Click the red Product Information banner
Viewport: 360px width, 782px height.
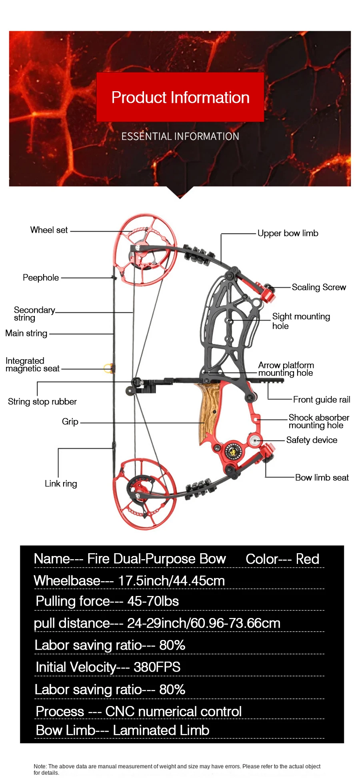click(x=180, y=97)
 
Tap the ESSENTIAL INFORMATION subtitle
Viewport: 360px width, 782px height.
click(x=180, y=136)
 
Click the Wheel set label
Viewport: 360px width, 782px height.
click(x=49, y=230)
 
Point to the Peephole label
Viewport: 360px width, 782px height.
click(x=40, y=278)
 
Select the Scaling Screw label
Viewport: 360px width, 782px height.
click(x=319, y=287)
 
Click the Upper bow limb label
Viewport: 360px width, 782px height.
click(x=288, y=233)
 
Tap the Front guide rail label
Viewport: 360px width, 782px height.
click(x=321, y=400)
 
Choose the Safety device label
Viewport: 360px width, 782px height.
click(x=312, y=440)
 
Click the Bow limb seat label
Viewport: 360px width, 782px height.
click(x=322, y=478)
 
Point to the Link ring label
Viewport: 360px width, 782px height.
click(x=61, y=484)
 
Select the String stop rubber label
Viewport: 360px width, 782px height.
click(x=42, y=402)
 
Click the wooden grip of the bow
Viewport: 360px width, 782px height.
click(x=208, y=412)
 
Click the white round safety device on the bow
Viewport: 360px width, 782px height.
click(x=254, y=440)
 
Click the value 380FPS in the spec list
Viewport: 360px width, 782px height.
click(x=157, y=667)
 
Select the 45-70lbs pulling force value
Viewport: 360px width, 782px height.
click(x=153, y=601)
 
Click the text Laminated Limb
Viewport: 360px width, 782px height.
click(x=161, y=730)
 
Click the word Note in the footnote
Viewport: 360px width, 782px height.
click(x=40, y=766)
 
